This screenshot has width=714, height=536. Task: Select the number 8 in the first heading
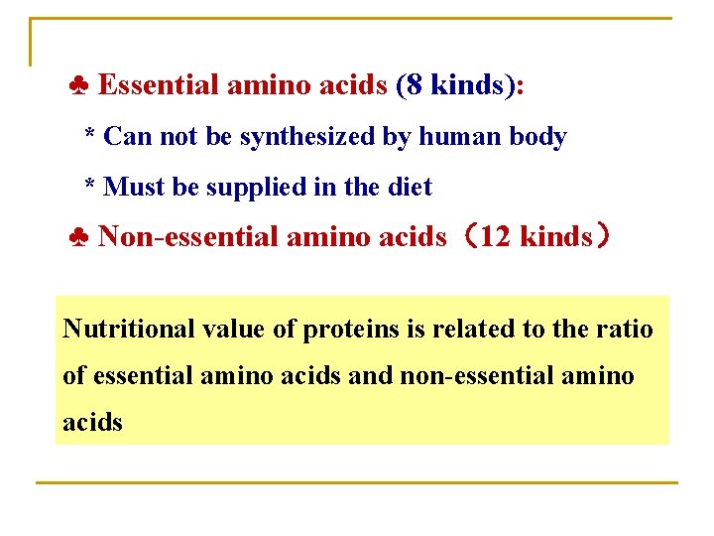413,85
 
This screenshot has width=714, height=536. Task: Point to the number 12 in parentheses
494,236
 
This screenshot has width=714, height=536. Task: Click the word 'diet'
410,186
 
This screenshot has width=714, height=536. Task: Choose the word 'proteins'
349,330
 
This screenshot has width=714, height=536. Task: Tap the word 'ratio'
626,329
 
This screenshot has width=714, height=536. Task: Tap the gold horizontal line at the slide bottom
357,482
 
